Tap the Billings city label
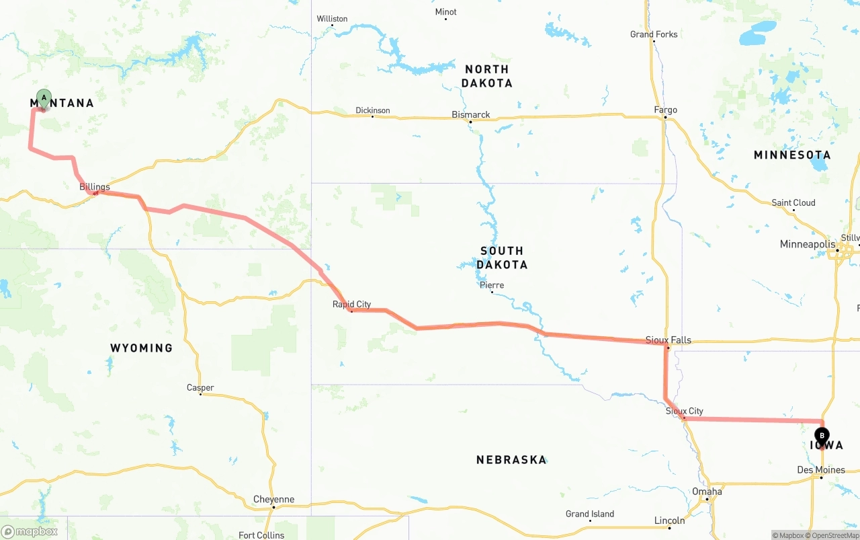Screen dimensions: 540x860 [x=95, y=187]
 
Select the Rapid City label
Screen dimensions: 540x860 [x=351, y=305]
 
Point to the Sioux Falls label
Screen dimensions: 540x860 [x=668, y=340]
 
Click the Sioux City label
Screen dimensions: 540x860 [x=684, y=411]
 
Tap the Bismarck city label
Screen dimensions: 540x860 [x=471, y=115]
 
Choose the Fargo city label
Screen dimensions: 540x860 [x=665, y=110]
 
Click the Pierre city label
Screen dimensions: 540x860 [x=492, y=285]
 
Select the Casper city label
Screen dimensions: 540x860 [x=200, y=388]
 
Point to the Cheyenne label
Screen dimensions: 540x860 [x=273, y=500]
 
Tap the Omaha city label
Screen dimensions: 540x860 [x=707, y=492]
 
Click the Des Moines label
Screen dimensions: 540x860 [x=820, y=469]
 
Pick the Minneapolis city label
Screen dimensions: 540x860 [x=808, y=244]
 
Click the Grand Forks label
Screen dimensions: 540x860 [x=654, y=34]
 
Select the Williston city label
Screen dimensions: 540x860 [x=332, y=19]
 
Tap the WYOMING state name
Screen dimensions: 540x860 [x=142, y=348]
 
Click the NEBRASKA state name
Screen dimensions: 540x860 [x=511, y=460]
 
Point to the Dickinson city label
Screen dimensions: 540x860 [x=373, y=110]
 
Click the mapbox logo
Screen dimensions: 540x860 [x=30, y=531]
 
